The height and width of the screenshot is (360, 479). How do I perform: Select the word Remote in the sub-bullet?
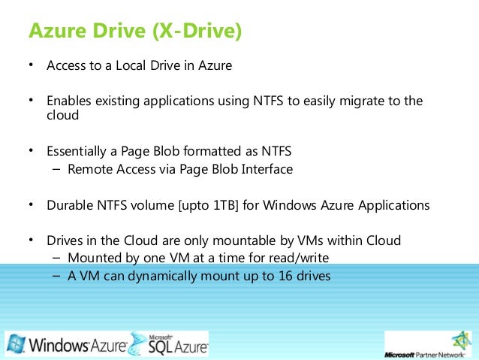(88, 169)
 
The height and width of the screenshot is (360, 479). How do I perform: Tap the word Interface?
(266, 169)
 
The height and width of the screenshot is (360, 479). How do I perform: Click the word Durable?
(68, 204)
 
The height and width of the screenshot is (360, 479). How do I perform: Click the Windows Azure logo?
(65, 345)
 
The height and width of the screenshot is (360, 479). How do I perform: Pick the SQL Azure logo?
(169, 345)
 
